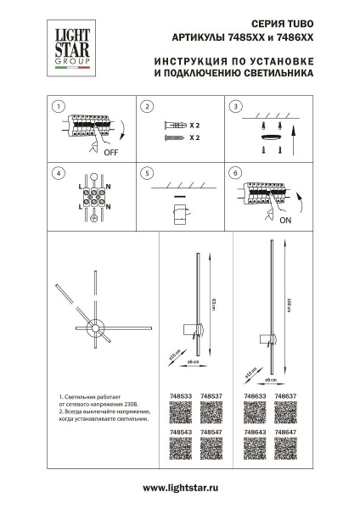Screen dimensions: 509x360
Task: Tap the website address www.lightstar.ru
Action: (180, 488)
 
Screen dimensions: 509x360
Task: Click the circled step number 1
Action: (57, 107)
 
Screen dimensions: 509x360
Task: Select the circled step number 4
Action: (57, 173)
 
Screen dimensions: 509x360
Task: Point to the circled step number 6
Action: (235, 173)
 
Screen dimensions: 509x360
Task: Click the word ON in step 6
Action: (284, 219)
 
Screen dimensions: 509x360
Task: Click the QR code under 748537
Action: (211, 412)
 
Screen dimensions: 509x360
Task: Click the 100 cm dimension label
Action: (289, 310)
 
